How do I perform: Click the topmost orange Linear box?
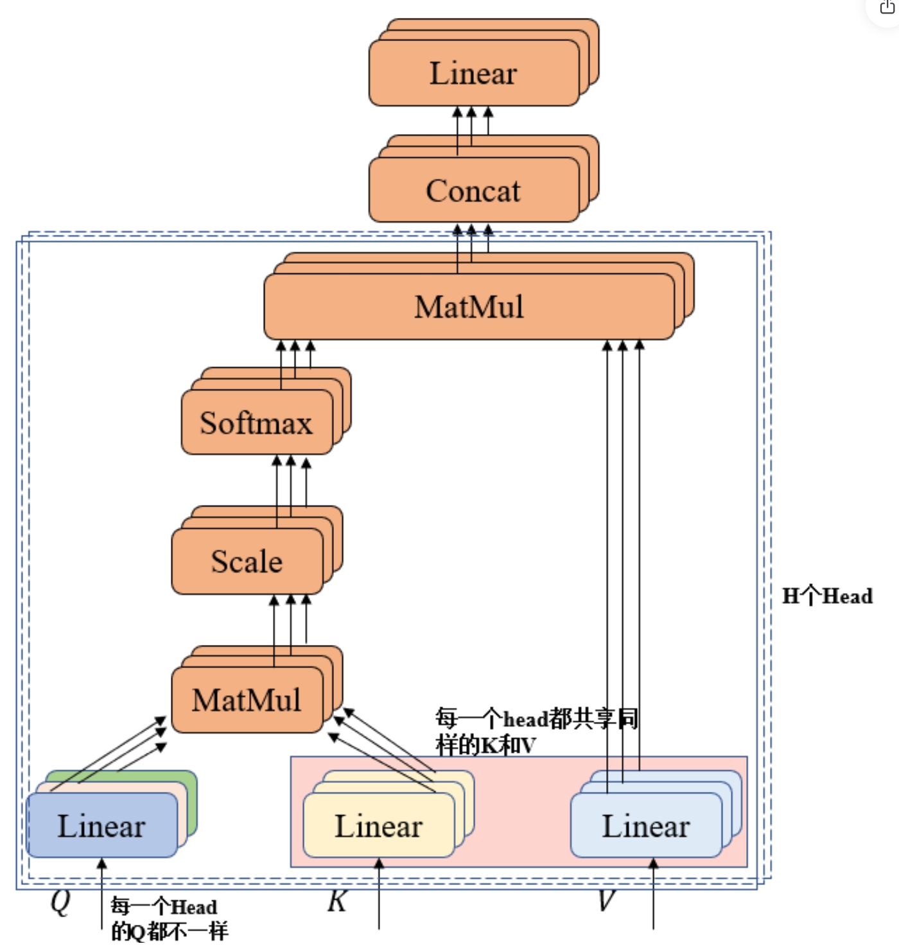[474, 73]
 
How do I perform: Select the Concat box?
[474, 191]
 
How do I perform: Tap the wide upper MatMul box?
[469, 307]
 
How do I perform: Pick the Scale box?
[247, 562]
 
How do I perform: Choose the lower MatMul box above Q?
[247, 700]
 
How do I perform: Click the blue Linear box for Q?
[101, 826]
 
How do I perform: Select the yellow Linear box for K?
[379, 826]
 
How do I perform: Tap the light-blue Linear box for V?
[646, 826]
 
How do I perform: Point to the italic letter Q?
[60, 902]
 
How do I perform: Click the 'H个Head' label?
[827, 596]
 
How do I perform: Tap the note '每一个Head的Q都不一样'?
[169, 918]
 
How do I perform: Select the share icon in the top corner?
[887, 7]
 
